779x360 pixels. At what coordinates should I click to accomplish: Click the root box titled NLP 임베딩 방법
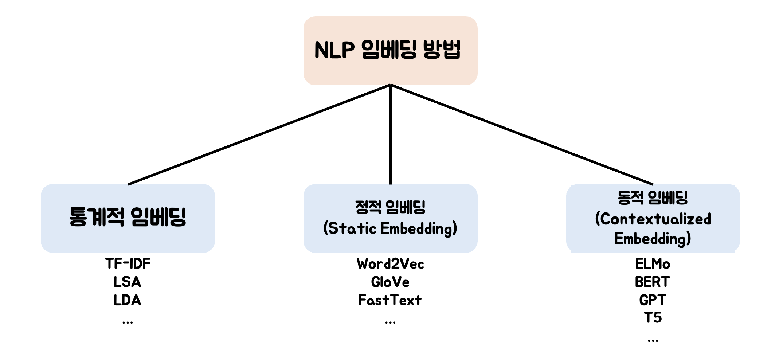click(x=390, y=50)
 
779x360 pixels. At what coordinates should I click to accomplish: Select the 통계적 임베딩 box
click(x=128, y=218)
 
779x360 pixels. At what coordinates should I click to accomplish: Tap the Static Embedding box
click(x=390, y=218)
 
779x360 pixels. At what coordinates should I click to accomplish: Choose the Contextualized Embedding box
click(x=653, y=218)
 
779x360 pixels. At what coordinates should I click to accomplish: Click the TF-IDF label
click(x=128, y=263)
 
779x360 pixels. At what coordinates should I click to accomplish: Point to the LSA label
click(x=127, y=282)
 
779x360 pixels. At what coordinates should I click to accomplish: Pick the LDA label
click(x=127, y=300)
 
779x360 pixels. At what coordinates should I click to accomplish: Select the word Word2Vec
click(x=390, y=264)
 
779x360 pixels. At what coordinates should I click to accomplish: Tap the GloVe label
click(x=390, y=282)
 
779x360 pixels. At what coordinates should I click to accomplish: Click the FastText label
click(x=390, y=300)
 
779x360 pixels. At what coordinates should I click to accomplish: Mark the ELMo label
click(x=653, y=264)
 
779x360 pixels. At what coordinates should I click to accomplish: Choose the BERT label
click(x=652, y=282)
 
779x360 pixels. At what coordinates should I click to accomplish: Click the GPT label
click(x=652, y=300)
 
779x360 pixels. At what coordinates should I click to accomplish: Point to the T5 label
click(x=653, y=318)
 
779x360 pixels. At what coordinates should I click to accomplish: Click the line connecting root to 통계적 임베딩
click(x=259, y=134)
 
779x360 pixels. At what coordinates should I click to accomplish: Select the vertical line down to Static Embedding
click(x=390, y=135)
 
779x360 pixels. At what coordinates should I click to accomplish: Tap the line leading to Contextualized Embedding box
click(x=521, y=134)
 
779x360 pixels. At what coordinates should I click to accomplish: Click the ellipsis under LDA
click(x=128, y=322)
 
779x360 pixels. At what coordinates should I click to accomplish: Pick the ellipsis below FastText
click(x=390, y=322)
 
